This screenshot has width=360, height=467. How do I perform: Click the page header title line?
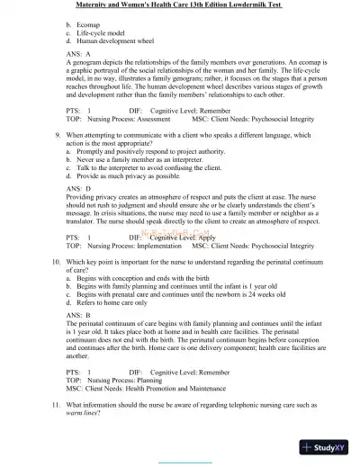click(x=180, y=4)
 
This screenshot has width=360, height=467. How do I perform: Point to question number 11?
click(x=56, y=407)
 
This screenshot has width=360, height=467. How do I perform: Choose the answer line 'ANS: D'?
click(x=79, y=188)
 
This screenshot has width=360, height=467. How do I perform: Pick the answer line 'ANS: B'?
click(x=78, y=315)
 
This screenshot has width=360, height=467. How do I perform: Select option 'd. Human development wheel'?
click(x=111, y=40)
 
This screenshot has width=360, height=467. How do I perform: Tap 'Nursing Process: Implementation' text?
click(x=134, y=246)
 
